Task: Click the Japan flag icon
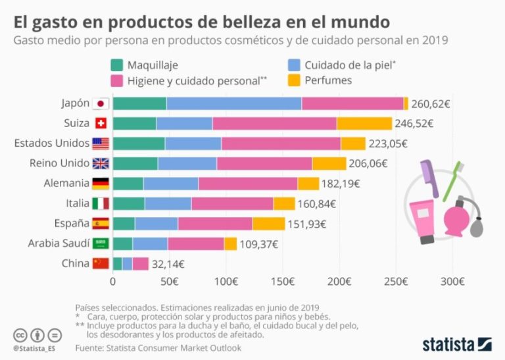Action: coord(101,103)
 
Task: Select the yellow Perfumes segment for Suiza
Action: coord(364,123)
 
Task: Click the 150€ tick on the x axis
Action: coord(283,282)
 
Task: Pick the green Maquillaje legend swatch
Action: coord(118,65)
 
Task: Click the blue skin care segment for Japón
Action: coord(233,103)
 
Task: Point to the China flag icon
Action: coord(101,264)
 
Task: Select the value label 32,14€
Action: coord(168,264)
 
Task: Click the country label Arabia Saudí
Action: coord(58,244)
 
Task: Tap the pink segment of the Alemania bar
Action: coord(248,184)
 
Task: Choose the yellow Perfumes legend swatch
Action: coord(295,80)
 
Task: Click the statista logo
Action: coord(457,344)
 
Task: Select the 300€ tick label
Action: coord(453,282)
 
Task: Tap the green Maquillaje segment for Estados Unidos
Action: coord(139,143)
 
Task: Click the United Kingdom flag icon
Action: coord(101,163)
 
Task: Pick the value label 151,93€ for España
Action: coord(306,224)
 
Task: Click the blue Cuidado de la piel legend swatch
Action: coord(295,65)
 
